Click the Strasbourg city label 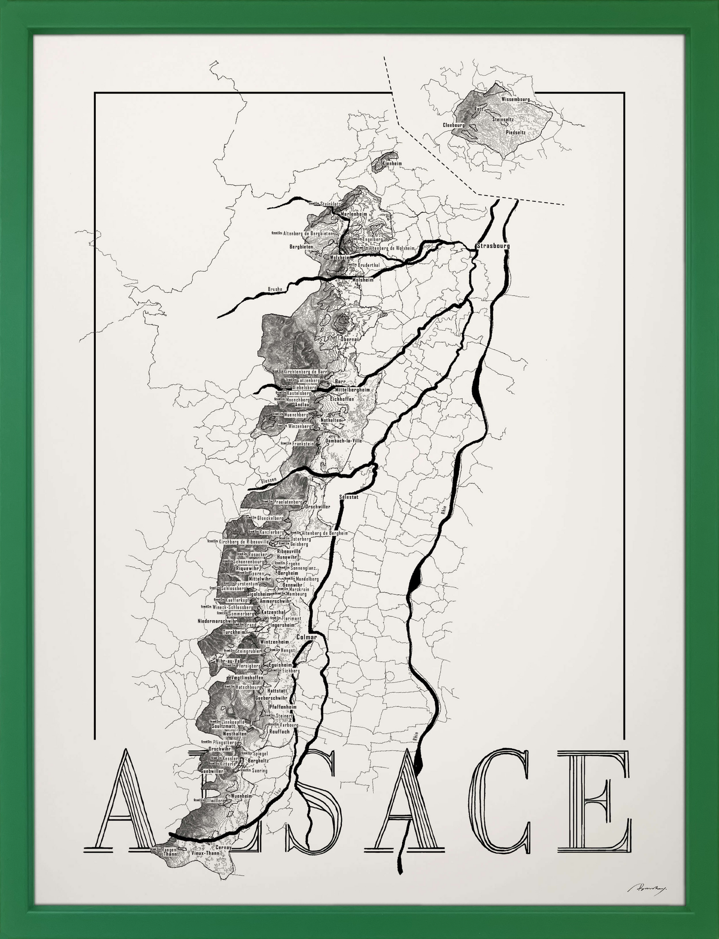493,246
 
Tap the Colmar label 306,638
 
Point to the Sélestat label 348,497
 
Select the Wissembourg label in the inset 515,99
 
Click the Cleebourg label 453,125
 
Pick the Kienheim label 392,163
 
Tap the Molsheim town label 362,279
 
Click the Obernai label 349,339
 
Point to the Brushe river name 275,290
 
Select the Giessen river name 268,480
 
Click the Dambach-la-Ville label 343,440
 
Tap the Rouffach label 279,732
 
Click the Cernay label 224,847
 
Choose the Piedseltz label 516,132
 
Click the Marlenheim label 354,214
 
